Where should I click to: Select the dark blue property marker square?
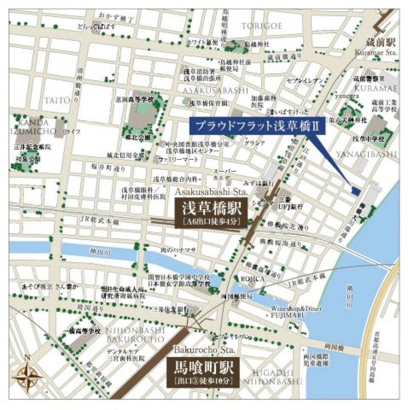point(355,191)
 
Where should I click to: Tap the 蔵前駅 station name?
point(380,43)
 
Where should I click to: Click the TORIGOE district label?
point(262,26)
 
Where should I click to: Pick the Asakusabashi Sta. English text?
point(210,192)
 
